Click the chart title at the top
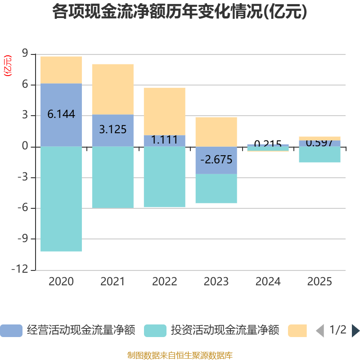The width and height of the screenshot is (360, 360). pyautogui.click(x=180, y=12)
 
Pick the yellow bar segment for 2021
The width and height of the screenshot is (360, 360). pyautogui.click(x=112, y=89)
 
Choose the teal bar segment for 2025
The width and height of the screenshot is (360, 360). pyautogui.click(x=319, y=154)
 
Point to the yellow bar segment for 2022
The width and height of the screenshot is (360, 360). pyautogui.click(x=164, y=111)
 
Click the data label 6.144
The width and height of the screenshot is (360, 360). pyautogui.click(x=61, y=114)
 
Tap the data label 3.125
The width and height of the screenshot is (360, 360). pyautogui.click(x=112, y=130)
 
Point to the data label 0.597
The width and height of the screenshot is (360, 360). pyautogui.click(x=319, y=143)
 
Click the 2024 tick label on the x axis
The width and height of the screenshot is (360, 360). pyautogui.click(x=268, y=282)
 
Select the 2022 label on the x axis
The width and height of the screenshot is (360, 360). pyautogui.click(x=164, y=282)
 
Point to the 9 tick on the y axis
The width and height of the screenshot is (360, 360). pyautogui.click(x=25, y=54)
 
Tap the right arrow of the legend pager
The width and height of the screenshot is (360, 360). pyautogui.click(x=355, y=331)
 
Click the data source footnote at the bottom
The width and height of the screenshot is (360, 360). pyautogui.click(x=180, y=355)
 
